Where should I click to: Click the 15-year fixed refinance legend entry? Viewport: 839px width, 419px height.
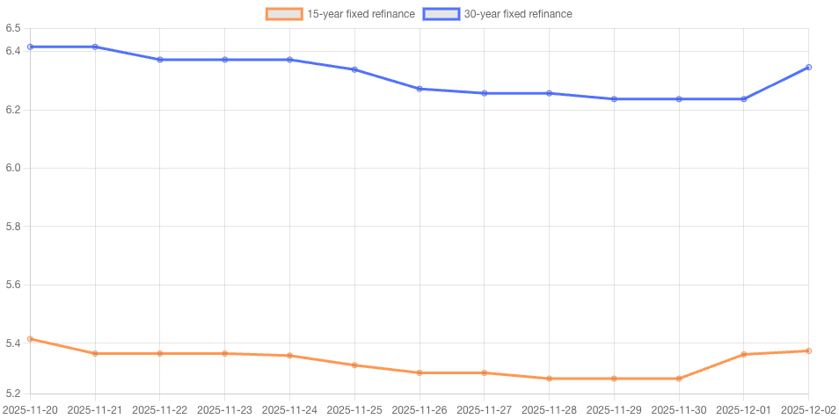pyautogui.click(x=340, y=14)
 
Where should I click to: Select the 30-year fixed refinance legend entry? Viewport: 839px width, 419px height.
pyautogui.click(x=498, y=14)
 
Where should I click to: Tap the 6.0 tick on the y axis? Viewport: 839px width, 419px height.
pyautogui.click(x=12, y=168)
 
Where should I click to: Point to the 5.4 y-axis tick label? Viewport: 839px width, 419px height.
pyautogui.click(x=12, y=343)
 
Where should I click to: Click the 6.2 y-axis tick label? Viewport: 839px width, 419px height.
pyautogui.click(x=12, y=110)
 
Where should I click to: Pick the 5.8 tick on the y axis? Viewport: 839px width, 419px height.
pyautogui.click(x=12, y=227)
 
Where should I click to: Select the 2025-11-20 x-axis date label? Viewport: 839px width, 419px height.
pyautogui.click(x=30, y=409)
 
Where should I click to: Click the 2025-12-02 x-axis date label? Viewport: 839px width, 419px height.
pyautogui.click(x=809, y=409)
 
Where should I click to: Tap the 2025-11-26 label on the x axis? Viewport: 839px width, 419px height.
pyautogui.click(x=419, y=409)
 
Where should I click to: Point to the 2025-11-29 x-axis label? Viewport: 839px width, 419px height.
pyautogui.click(x=614, y=409)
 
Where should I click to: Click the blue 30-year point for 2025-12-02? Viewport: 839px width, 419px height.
pyautogui.click(x=809, y=67)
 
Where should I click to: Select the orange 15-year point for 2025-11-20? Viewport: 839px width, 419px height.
pyautogui.click(x=30, y=339)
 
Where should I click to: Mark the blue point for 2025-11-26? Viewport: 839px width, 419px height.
pyautogui.click(x=419, y=89)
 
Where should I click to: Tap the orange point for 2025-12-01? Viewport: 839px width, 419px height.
pyautogui.click(x=744, y=354)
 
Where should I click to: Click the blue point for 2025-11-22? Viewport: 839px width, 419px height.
pyautogui.click(x=160, y=60)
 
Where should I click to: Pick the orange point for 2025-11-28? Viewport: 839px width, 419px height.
pyautogui.click(x=550, y=379)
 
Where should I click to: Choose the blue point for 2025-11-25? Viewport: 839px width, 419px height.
pyautogui.click(x=354, y=69)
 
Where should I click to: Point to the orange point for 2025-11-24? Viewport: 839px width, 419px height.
pyautogui.click(x=289, y=356)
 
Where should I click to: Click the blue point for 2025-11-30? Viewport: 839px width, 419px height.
pyautogui.click(x=679, y=99)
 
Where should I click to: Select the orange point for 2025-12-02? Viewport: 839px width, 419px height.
pyautogui.click(x=809, y=351)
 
